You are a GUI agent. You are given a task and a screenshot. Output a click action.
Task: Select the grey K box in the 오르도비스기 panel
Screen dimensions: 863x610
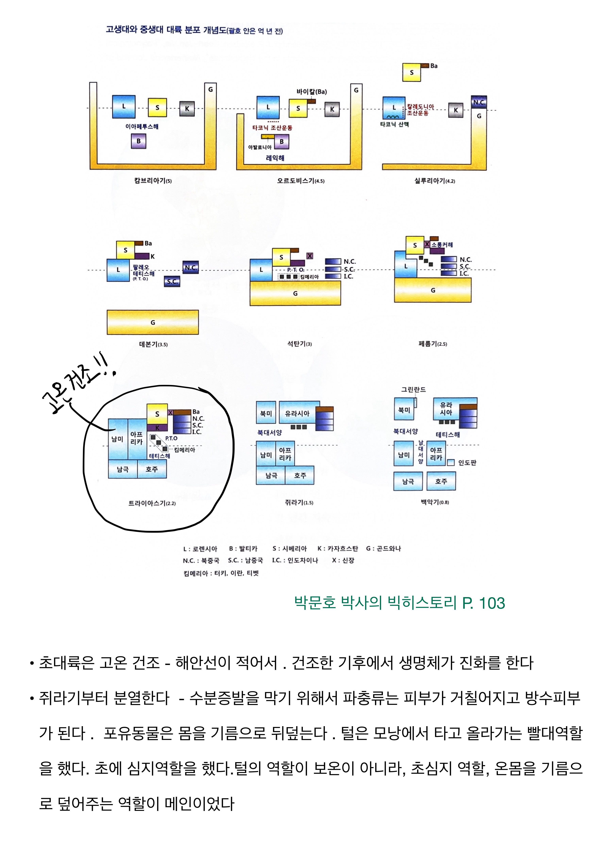(332, 109)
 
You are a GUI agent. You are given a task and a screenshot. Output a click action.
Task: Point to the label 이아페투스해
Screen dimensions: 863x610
(142, 127)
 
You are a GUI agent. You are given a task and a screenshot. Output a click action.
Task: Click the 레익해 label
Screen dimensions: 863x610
(275, 158)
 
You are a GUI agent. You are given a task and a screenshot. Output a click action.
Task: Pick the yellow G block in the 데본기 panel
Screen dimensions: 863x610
(153, 322)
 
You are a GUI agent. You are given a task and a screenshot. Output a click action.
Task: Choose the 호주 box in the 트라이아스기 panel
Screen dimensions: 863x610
(152, 469)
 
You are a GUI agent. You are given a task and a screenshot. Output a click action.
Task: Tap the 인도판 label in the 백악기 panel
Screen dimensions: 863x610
(467, 463)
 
